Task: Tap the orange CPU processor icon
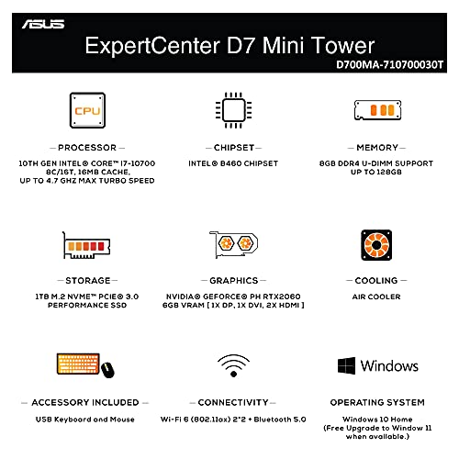[x=87, y=111]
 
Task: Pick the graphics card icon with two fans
[x=232, y=245]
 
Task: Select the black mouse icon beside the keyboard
[x=107, y=369]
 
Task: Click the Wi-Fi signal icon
[x=233, y=365]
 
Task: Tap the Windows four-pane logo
[x=346, y=366]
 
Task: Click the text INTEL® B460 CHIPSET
[x=233, y=163]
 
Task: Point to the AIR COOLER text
[x=377, y=297]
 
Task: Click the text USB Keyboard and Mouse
[x=85, y=419]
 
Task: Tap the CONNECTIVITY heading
[x=233, y=402]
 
